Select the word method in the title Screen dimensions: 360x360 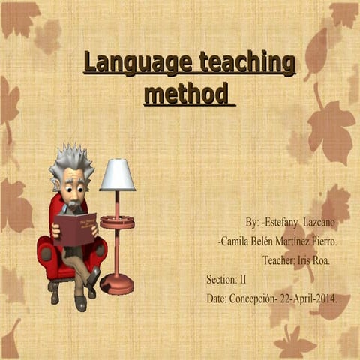point(186,94)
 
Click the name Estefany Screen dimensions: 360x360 point(283,223)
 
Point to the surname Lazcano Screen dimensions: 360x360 point(320,223)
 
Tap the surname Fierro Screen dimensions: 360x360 point(322,241)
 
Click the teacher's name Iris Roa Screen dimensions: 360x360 point(314,260)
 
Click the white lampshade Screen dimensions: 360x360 point(117,175)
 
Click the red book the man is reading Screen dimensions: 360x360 point(75,228)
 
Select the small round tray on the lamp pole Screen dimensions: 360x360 point(117,221)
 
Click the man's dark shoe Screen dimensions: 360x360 point(80,303)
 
